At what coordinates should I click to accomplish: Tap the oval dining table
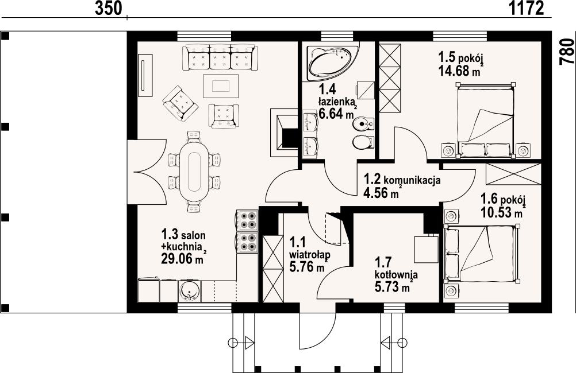(194, 170)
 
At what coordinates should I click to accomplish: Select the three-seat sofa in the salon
(220, 57)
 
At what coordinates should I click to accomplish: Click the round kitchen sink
(190, 291)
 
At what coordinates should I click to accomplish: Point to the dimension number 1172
(526, 8)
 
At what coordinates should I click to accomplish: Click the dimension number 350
(108, 8)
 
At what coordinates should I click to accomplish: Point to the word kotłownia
(396, 274)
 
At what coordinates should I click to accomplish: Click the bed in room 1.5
(485, 121)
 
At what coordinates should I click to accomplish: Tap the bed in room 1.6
(482, 254)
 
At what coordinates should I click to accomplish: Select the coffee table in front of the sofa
(220, 86)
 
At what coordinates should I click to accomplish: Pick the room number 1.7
(383, 263)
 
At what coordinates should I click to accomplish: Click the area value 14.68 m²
(459, 70)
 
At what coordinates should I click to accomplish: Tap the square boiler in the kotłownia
(426, 250)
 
